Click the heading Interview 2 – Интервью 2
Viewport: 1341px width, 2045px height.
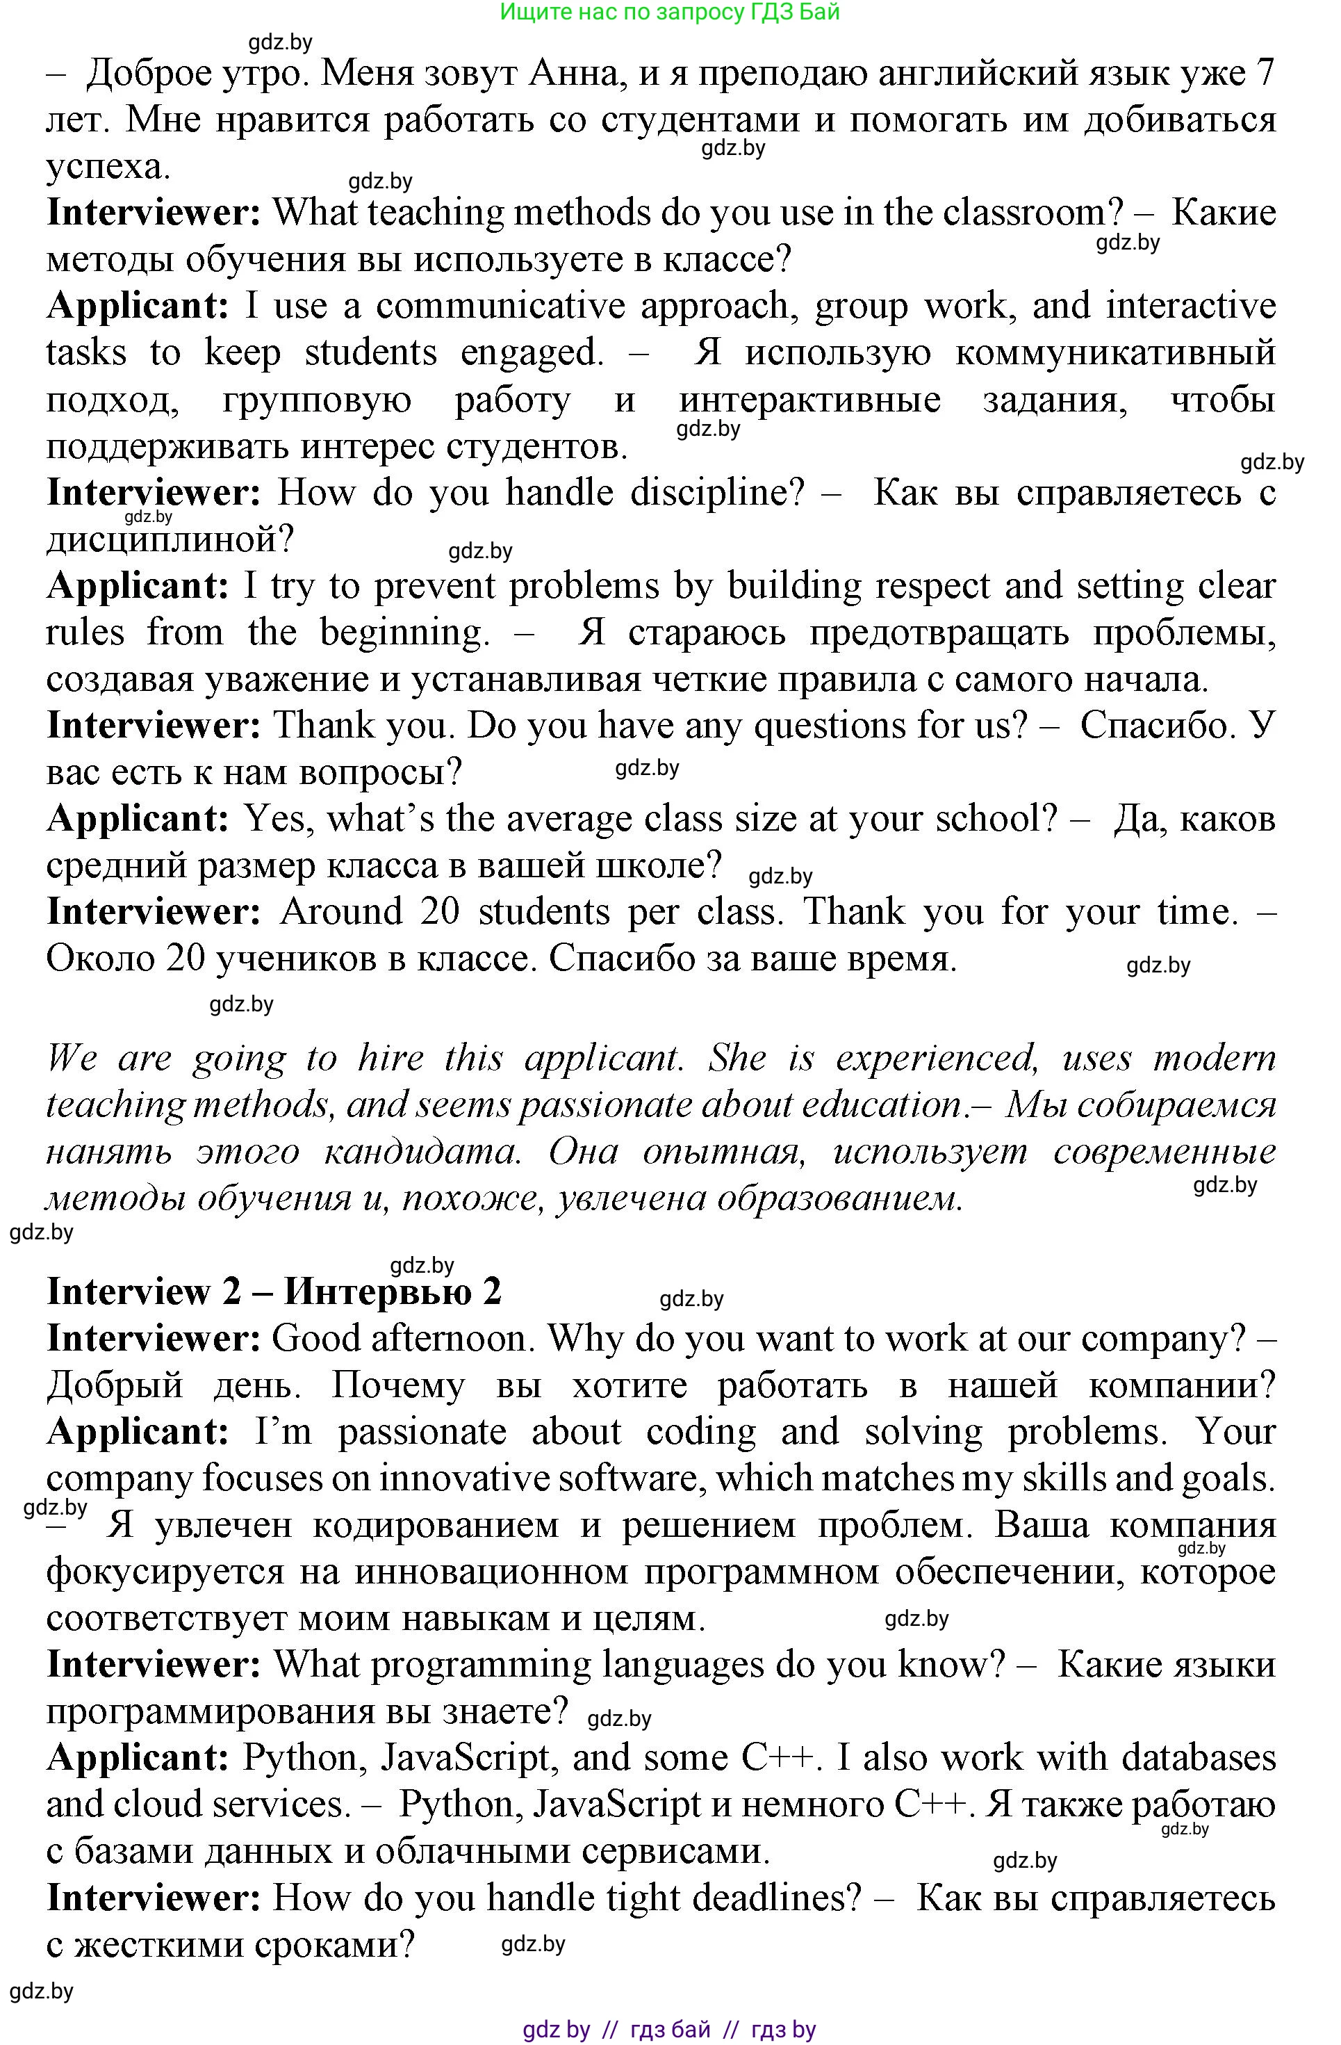tap(273, 1292)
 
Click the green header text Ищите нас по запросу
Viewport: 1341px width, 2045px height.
tap(668, 12)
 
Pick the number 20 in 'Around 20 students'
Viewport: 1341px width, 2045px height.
tap(441, 912)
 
